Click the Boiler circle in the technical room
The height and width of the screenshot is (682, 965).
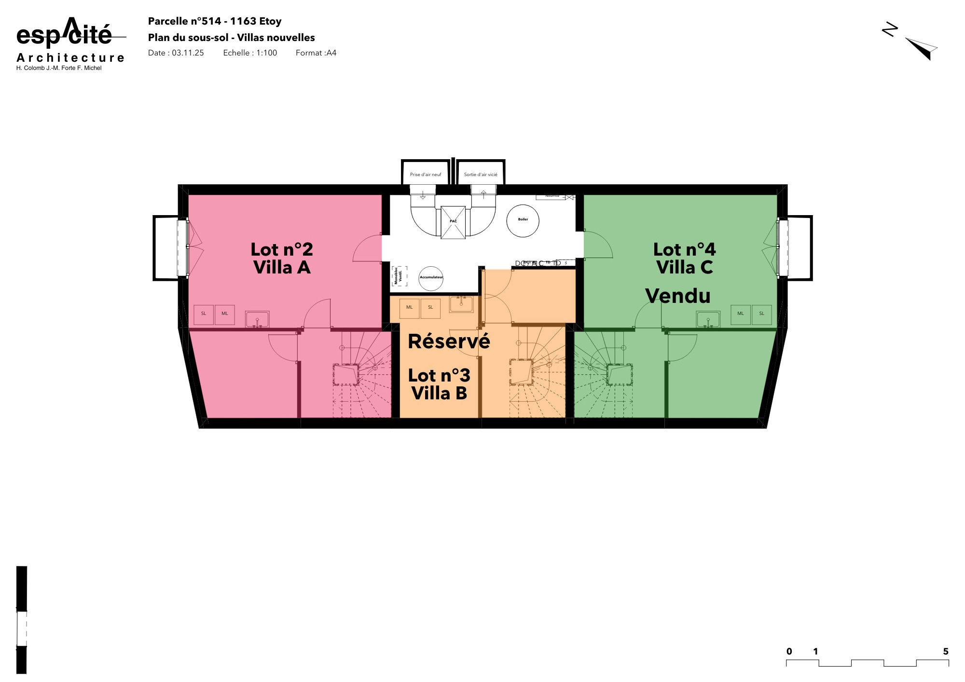[523, 220]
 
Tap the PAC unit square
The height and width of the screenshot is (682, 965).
[453, 222]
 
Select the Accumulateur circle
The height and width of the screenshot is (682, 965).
[431, 278]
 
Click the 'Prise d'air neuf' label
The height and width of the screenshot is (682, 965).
[426, 175]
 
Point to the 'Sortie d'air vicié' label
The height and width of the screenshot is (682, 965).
[481, 175]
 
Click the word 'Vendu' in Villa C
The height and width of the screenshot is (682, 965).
[677, 296]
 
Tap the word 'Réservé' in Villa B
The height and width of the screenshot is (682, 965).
[449, 341]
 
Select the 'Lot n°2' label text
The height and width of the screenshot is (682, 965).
[282, 250]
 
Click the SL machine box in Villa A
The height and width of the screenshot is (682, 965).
[204, 314]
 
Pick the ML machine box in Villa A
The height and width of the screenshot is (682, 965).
[225, 314]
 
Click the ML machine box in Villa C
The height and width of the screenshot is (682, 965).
[740, 314]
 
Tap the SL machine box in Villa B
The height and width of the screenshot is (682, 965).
[430, 308]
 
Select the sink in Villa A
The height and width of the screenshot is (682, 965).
[257, 319]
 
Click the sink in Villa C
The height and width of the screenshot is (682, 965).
[708, 319]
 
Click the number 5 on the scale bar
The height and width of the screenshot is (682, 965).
[946, 652]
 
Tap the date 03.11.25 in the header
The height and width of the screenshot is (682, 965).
[188, 53]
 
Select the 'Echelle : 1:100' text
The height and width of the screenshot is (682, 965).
[250, 53]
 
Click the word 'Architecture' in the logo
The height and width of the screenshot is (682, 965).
[70, 58]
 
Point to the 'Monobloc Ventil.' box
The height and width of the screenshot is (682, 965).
[399, 276]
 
